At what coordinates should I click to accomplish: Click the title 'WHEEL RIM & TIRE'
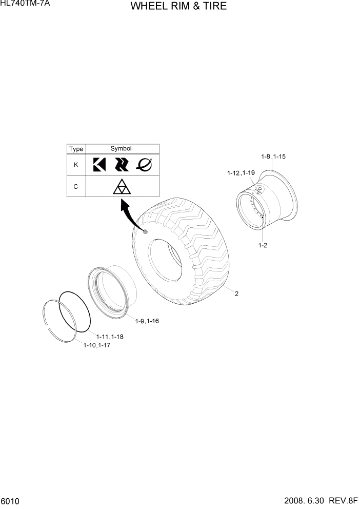click(x=178, y=7)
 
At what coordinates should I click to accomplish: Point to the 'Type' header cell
click(x=76, y=149)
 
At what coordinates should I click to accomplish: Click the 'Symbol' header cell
click(x=122, y=149)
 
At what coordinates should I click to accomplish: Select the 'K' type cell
click(x=76, y=165)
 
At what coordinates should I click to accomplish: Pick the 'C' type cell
click(x=76, y=187)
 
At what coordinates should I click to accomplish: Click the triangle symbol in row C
click(x=122, y=187)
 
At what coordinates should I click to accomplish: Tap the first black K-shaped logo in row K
click(x=99, y=165)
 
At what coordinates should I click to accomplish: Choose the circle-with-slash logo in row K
click(x=144, y=164)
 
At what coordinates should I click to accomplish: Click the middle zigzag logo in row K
click(x=122, y=164)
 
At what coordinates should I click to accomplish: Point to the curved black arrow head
click(x=124, y=206)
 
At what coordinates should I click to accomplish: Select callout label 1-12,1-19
click(x=241, y=173)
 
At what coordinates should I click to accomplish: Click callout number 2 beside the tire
click(x=237, y=294)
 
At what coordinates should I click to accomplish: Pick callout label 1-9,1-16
click(x=147, y=321)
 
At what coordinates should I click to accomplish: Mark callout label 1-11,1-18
click(x=109, y=337)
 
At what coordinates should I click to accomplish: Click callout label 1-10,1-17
click(x=97, y=345)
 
